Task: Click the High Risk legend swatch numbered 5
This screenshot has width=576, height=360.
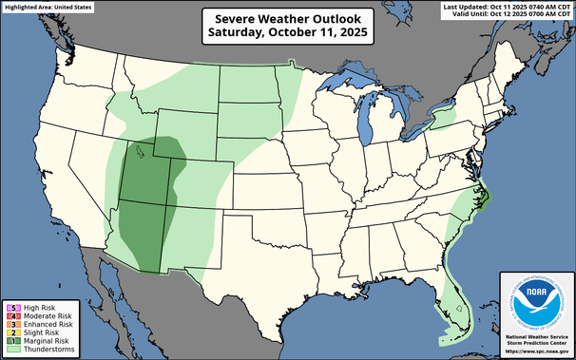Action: click(x=9, y=307)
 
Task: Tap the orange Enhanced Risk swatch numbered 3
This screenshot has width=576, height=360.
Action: click(x=9, y=324)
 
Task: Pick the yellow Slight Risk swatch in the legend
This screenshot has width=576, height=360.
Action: click(x=9, y=332)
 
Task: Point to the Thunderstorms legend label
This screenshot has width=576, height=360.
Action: click(x=39, y=350)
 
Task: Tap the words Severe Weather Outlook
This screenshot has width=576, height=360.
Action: click(x=289, y=17)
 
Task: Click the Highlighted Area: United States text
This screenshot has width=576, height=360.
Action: click(x=48, y=7)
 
